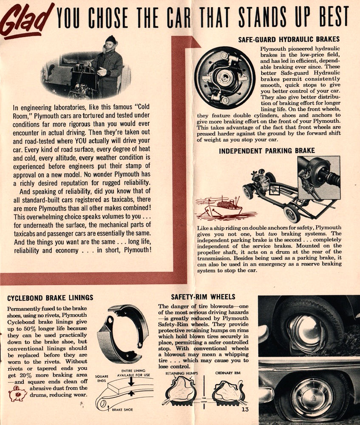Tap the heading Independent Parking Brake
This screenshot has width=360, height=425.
(267, 150)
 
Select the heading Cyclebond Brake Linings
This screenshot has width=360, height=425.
(50, 297)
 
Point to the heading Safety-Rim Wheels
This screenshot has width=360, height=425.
(203, 296)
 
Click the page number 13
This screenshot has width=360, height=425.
(244, 410)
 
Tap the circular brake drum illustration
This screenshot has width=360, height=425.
(224, 78)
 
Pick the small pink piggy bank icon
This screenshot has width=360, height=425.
(17, 394)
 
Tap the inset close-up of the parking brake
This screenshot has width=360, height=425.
(318, 178)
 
